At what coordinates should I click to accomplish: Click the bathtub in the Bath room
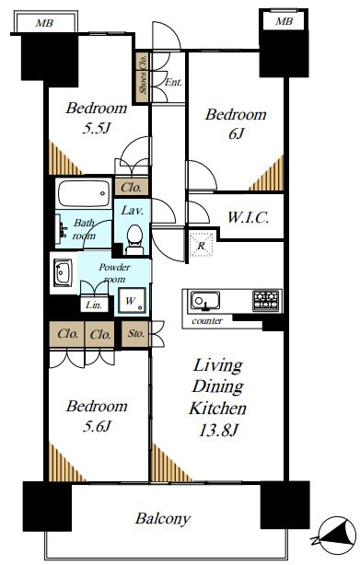click(x=84, y=193)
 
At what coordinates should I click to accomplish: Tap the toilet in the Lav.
click(x=134, y=239)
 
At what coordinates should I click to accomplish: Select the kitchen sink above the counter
click(x=205, y=301)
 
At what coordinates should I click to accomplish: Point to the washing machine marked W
click(x=132, y=301)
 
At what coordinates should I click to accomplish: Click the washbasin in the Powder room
click(x=63, y=272)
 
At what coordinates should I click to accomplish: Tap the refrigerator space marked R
click(x=201, y=244)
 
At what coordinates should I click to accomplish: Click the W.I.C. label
click(x=248, y=218)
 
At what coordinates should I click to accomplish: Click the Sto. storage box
click(x=135, y=334)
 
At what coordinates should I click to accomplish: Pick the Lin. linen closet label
click(x=94, y=306)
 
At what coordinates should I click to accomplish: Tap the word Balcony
click(x=163, y=519)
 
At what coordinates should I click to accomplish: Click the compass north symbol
click(x=335, y=536)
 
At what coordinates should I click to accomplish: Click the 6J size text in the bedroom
click(x=236, y=134)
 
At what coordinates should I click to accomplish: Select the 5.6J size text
click(x=97, y=427)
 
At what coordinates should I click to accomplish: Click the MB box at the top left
click(x=45, y=23)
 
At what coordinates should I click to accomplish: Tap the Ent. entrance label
click(x=173, y=83)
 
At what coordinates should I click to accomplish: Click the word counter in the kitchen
click(x=207, y=321)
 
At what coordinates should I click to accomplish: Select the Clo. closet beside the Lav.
click(x=131, y=187)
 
